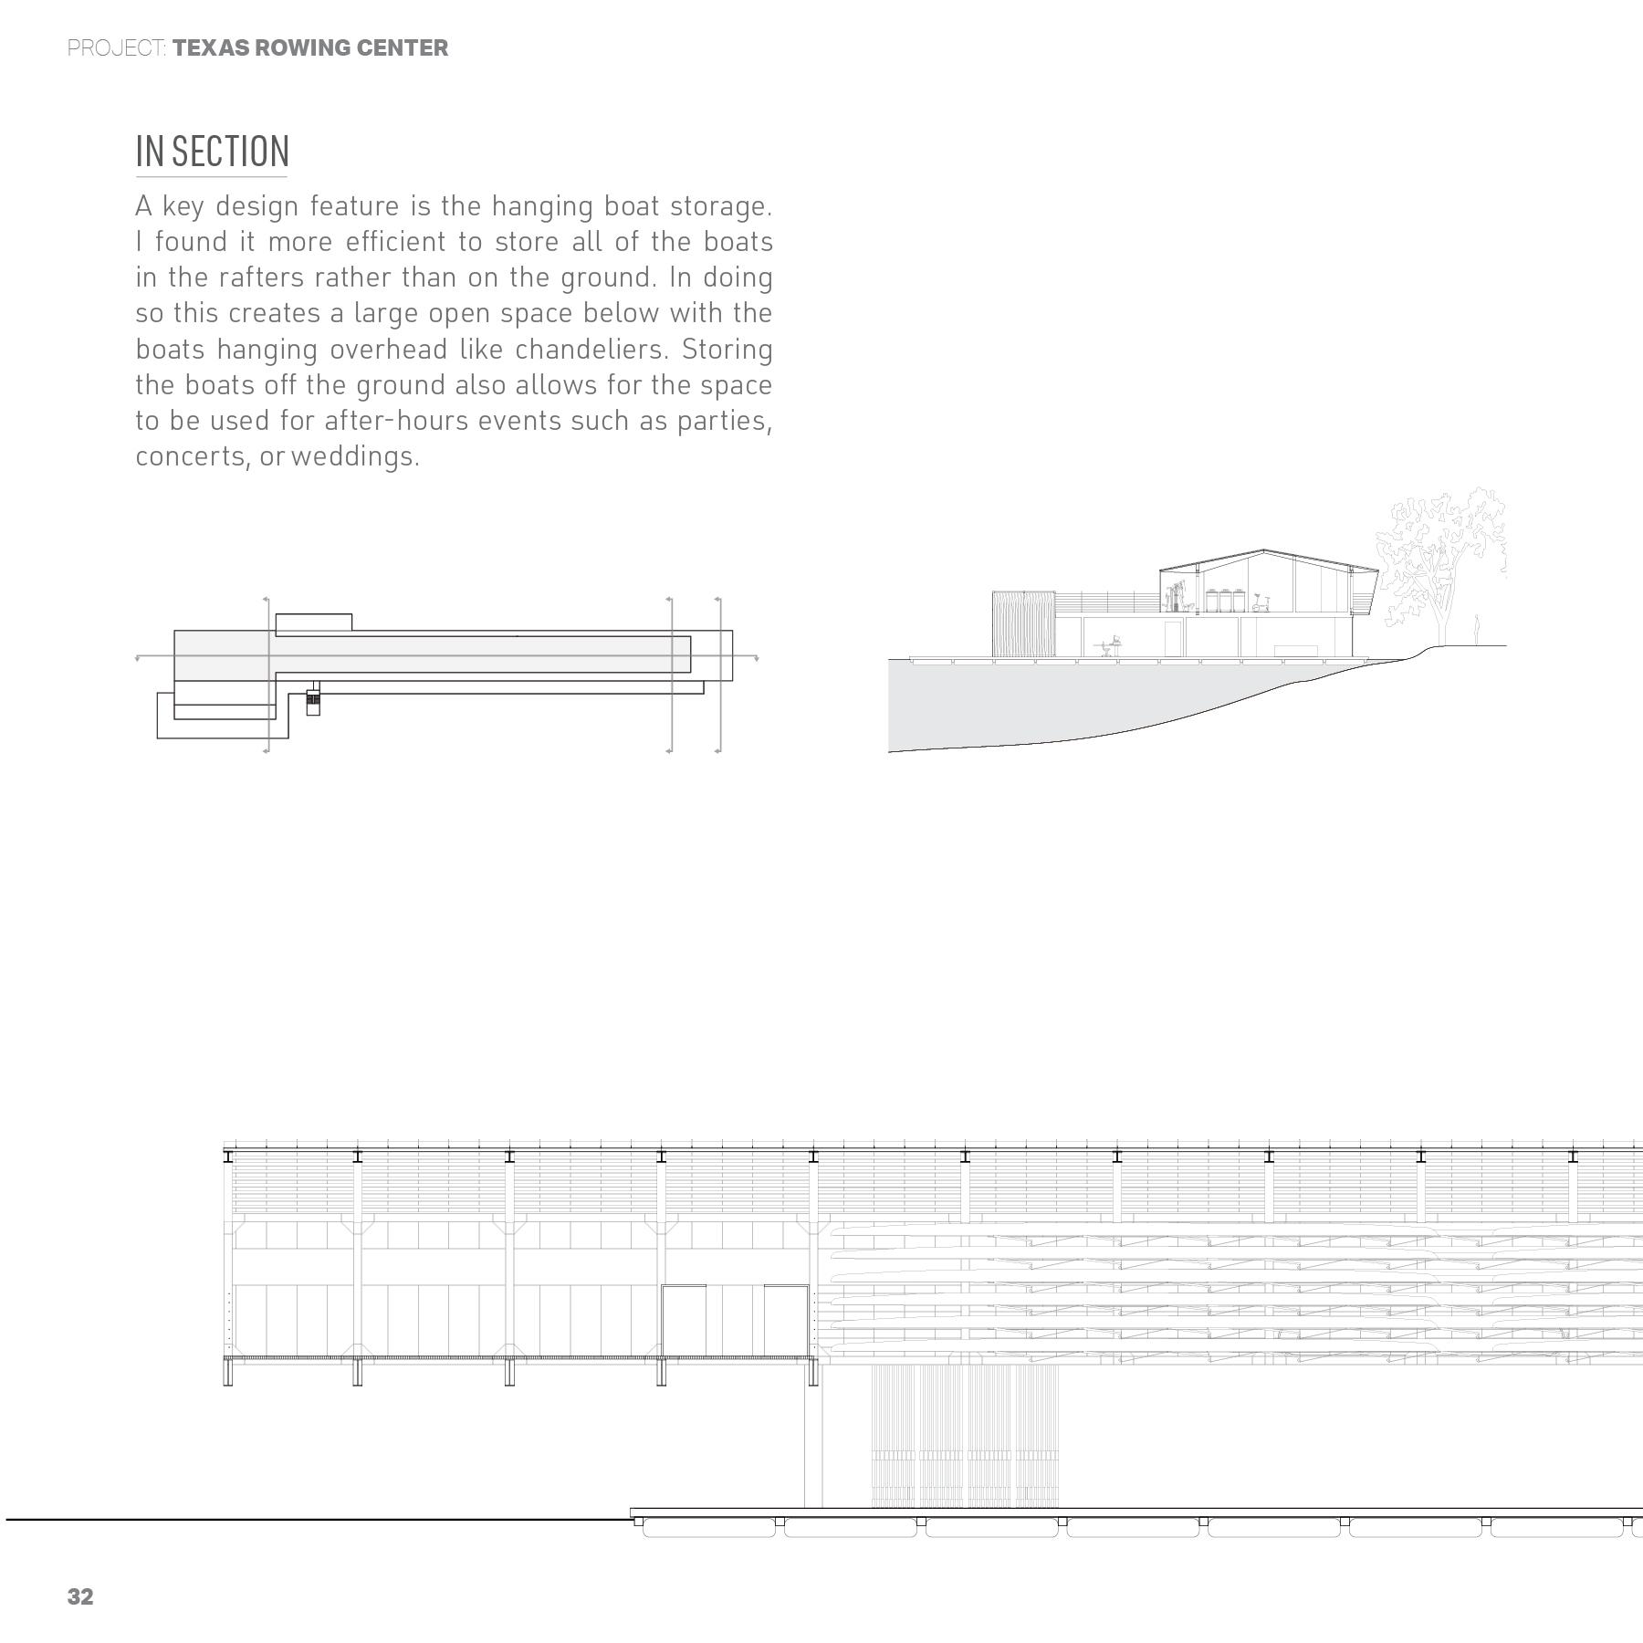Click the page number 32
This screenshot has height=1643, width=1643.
[80, 1596]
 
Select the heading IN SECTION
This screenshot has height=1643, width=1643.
[212, 152]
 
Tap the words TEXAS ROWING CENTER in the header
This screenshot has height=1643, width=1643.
[310, 48]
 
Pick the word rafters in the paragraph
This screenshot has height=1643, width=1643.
[261, 277]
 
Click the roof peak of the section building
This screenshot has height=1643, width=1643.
[1264, 550]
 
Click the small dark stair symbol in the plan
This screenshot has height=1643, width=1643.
[313, 699]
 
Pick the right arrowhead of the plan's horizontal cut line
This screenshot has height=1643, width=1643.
[756, 657]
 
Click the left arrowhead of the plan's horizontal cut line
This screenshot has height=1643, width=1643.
[138, 657]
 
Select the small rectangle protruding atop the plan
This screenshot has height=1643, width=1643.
[313, 623]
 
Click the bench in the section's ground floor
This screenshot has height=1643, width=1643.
[1296, 649]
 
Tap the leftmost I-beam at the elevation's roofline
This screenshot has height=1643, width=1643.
[228, 1156]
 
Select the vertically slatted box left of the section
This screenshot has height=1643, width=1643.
[1022, 623]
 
